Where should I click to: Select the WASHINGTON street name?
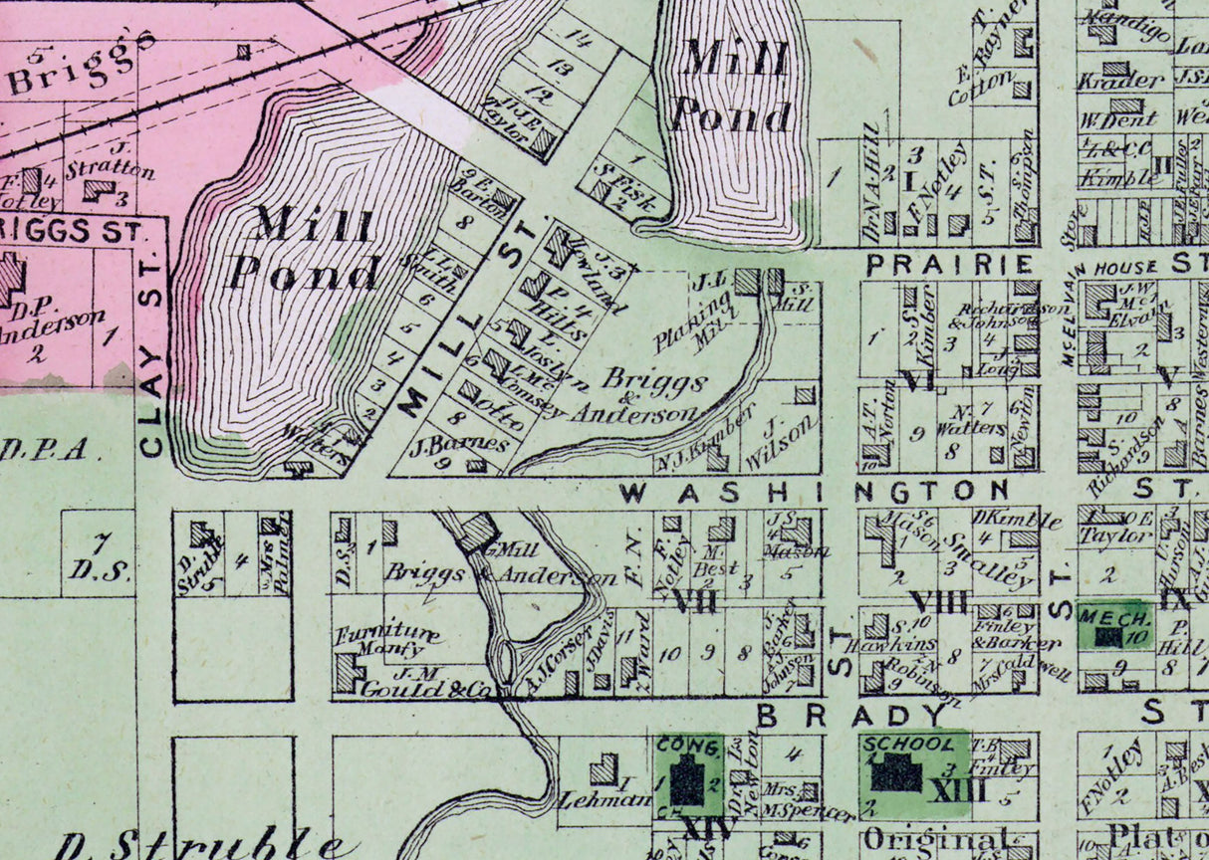815,491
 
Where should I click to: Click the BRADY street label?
849,716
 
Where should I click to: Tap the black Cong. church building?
686,777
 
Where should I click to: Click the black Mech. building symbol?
1105,636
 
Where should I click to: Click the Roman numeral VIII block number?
937,601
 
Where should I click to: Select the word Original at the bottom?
934,839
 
